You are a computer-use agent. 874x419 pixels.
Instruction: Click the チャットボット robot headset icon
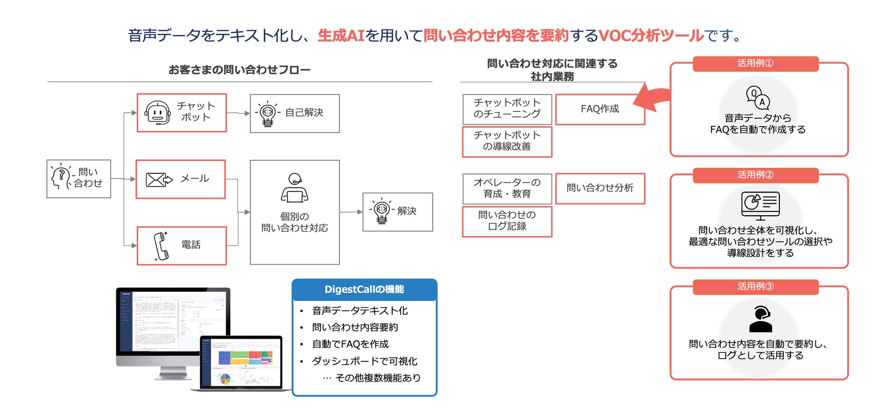coord(157,113)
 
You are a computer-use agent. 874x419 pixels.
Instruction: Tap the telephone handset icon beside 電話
coord(161,246)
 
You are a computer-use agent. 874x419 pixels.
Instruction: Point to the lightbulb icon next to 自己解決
coord(268,113)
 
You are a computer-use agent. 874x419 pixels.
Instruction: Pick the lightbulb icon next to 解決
coord(381,211)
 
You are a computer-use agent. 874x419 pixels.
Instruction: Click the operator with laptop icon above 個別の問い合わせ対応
coord(294,188)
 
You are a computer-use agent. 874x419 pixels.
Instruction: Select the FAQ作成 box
coord(600,109)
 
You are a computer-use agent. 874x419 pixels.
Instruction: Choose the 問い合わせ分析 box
coord(600,188)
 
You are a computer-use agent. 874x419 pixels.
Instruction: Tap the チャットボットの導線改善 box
coord(507,141)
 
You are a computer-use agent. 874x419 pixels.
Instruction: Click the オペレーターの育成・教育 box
coord(507,188)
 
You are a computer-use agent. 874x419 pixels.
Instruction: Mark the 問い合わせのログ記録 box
coord(507,221)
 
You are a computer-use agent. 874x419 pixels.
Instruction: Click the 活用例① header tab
coord(755,64)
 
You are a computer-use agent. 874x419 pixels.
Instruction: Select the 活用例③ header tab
coord(755,286)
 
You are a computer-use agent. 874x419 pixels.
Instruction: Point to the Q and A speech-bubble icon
coord(757,98)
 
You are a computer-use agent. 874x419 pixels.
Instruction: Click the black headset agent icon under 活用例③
coord(761,319)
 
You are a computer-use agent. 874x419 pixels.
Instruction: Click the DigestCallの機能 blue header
coord(364,290)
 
